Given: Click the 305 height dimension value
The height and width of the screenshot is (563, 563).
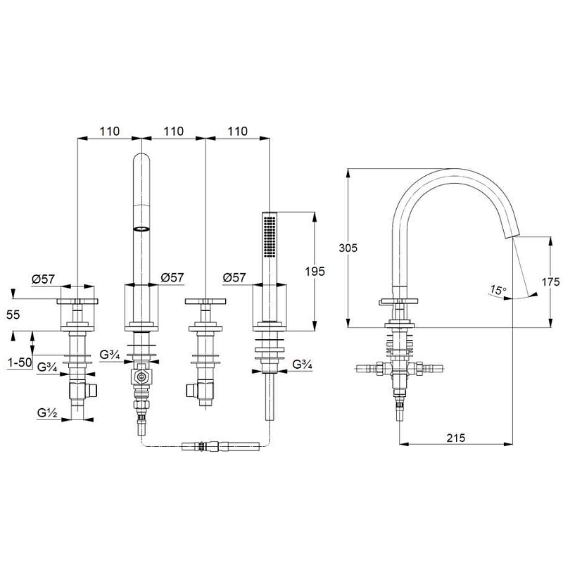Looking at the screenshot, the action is coord(348,248).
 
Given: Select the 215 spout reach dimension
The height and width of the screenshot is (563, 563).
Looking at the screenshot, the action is coord(455,438).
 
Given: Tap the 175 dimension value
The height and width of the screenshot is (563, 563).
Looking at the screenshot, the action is coord(550,282).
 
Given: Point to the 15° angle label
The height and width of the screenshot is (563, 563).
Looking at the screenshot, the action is coord(498,290).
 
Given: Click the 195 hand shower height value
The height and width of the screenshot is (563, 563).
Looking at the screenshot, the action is coord(315,272).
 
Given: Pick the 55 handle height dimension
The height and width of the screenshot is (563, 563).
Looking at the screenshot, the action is coord(13,315).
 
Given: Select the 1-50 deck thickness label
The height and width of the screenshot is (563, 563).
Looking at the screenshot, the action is coord(20,362).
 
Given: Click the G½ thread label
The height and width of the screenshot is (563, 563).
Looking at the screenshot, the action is coord(47,413).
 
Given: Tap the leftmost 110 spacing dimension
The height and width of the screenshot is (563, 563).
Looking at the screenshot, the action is coord(110,132).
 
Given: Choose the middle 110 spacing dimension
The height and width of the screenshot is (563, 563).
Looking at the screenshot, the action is coord(174,132).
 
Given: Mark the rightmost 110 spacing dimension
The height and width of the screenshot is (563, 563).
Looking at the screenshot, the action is coord(238,132).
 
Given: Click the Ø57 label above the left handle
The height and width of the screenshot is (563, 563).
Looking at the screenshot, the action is coord(43,279).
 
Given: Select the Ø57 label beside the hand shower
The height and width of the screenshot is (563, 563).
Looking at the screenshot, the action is coord(234,277).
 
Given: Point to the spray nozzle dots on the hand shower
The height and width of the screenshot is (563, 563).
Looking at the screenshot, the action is coord(270,236).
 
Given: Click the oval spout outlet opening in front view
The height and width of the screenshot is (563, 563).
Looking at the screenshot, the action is coord(141,229).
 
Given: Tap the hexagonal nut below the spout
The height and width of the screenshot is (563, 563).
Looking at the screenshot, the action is coord(141,377).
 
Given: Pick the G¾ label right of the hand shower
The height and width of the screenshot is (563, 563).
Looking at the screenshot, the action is coord(303,364).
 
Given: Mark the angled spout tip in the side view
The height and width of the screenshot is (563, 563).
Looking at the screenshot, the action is coord(512,234).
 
